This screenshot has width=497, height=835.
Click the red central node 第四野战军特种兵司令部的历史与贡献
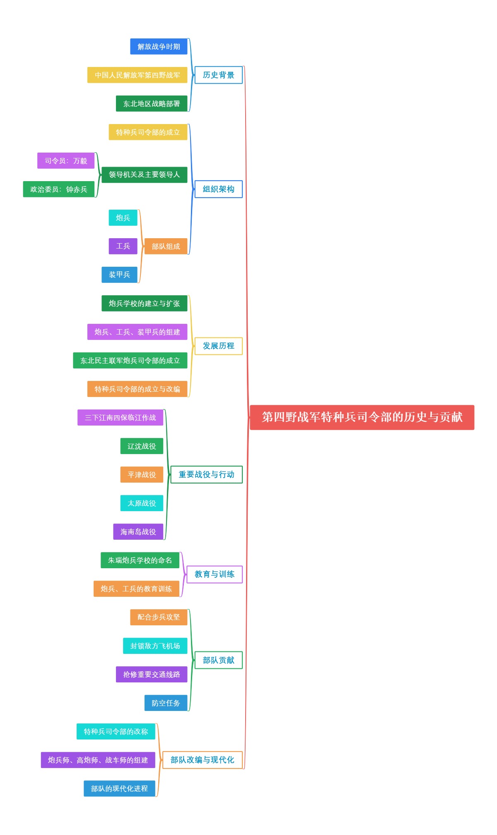click(362, 417)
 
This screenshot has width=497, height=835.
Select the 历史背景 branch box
click(218, 75)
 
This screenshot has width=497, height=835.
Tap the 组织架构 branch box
click(218, 189)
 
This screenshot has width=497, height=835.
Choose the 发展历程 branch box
click(218, 346)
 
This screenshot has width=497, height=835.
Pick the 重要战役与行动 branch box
click(206, 474)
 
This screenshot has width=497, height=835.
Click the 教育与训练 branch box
click(214, 574)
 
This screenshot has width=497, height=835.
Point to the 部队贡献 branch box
click(218, 660)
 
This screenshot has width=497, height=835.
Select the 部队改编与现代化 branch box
click(202, 760)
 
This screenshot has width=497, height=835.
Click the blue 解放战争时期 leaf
click(159, 46)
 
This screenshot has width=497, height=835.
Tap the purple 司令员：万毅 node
click(66, 160)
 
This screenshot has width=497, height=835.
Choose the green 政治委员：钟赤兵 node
click(58, 189)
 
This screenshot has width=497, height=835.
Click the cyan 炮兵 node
click(123, 218)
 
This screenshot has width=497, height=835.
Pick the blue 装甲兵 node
click(119, 275)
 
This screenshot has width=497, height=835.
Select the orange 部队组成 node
click(166, 246)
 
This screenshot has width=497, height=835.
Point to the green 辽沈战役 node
click(142, 446)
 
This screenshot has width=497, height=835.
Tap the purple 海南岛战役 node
click(138, 531)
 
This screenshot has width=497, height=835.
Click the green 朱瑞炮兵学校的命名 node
click(140, 560)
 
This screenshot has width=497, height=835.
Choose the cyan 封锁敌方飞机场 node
click(155, 646)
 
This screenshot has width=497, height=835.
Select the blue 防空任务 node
click(166, 703)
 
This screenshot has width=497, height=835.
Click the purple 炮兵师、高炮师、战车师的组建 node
click(98, 760)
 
